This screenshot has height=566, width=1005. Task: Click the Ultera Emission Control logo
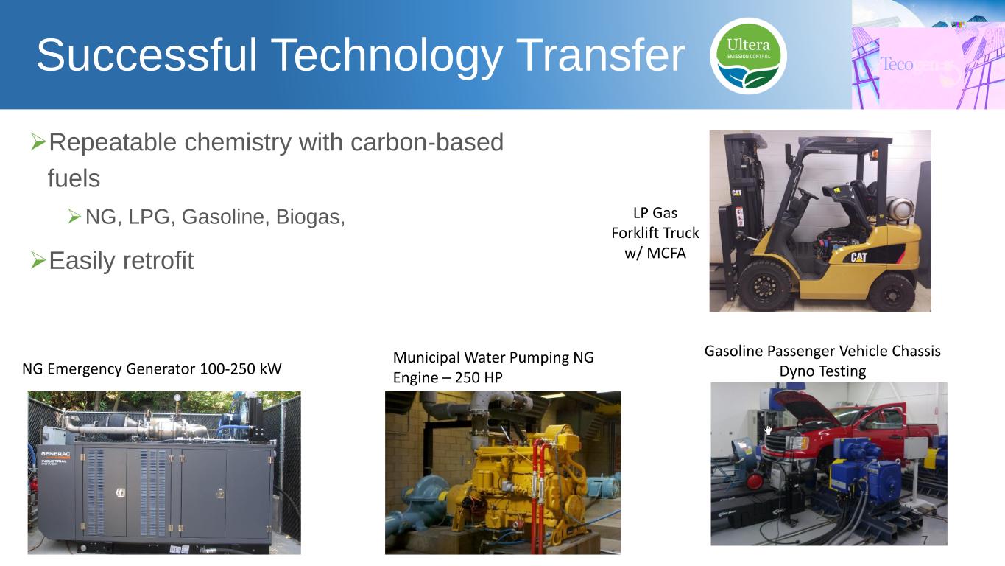click(748, 56)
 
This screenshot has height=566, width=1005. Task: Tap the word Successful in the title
click(147, 55)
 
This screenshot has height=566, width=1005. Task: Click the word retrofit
click(158, 260)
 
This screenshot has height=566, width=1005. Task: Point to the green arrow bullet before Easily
click(38, 260)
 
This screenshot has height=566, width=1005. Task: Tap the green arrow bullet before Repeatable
click(38, 142)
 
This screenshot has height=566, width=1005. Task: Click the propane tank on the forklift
click(901, 209)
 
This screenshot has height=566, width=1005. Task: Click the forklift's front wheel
click(764, 285)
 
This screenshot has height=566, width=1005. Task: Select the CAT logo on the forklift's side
click(858, 257)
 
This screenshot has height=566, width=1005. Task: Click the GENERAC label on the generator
click(56, 454)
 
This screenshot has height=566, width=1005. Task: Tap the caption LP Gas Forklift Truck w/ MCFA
click(655, 233)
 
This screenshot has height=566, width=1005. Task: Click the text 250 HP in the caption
click(479, 378)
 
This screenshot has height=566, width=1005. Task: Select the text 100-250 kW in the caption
click(241, 368)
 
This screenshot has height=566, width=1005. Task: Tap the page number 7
click(924, 540)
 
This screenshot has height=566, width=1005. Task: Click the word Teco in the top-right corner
click(897, 64)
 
